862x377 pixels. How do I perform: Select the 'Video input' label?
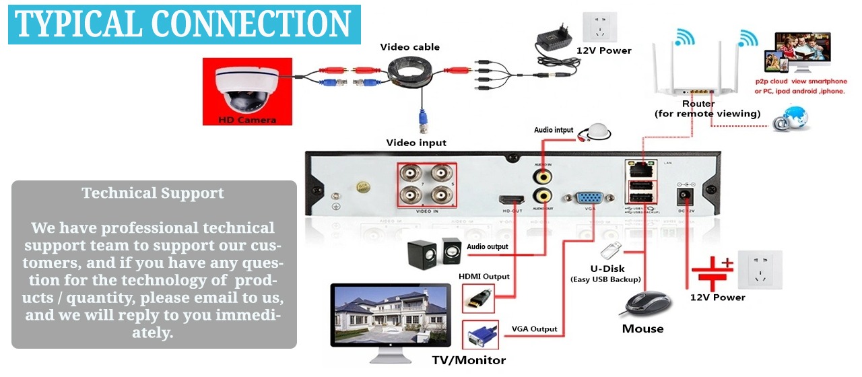coord(416,143)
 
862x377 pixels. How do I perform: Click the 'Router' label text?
coord(698,104)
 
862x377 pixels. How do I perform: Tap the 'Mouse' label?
coord(642,329)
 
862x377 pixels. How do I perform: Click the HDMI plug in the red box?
coord(478,297)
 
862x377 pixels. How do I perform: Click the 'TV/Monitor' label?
coord(469,360)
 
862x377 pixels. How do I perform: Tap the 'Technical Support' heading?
coord(153,193)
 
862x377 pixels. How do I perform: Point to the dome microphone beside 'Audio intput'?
coord(597,131)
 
